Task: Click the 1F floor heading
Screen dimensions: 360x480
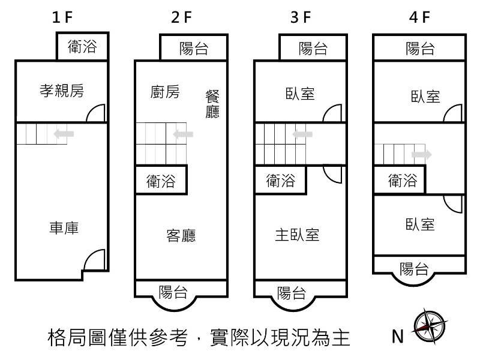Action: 62,17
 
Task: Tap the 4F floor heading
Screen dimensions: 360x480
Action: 420,17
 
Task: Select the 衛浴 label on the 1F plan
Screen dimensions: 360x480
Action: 82,46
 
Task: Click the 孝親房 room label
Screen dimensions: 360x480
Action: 61,91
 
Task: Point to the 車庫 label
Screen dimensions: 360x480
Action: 64,228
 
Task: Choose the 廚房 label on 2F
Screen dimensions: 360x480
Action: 164,92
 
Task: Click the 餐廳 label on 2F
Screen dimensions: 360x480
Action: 212,104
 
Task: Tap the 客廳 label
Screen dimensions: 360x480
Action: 181,235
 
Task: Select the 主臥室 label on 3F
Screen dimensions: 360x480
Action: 296,235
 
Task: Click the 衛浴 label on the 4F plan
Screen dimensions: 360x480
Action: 403,180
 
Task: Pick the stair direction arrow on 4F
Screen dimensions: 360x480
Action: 421,155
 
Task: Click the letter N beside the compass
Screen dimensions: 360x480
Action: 397,337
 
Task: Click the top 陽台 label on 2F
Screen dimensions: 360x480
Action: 194,49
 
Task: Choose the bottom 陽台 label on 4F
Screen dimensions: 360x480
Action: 414,268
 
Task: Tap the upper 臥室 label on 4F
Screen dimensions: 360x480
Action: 425,96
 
